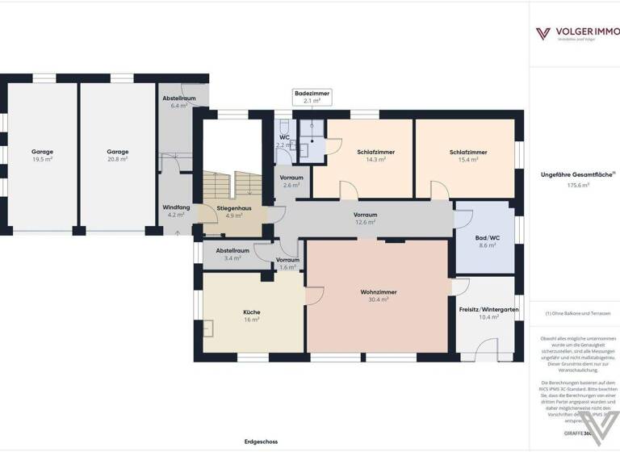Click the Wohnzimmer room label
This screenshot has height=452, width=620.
click(x=378, y=292)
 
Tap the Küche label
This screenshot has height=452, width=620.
click(x=252, y=312)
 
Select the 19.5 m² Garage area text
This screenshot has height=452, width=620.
click(x=42, y=160)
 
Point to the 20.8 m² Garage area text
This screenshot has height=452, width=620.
click(x=118, y=160)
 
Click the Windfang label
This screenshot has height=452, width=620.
click(x=176, y=207)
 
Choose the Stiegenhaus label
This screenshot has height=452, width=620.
click(x=234, y=208)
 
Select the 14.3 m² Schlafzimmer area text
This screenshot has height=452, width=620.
click(x=375, y=160)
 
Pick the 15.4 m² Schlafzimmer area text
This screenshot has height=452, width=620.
click(x=468, y=160)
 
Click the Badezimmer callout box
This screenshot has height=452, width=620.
click(x=311, y=98)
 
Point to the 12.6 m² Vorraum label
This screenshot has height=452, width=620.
click(x=365, y=222)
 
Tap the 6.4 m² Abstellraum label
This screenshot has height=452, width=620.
click(x=178, y=106)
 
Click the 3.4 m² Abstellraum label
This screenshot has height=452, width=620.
click(x=231, y=258)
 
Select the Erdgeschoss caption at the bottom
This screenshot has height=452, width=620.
click(x=261, y=442)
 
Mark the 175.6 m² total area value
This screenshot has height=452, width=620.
click(x=577, y=185)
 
